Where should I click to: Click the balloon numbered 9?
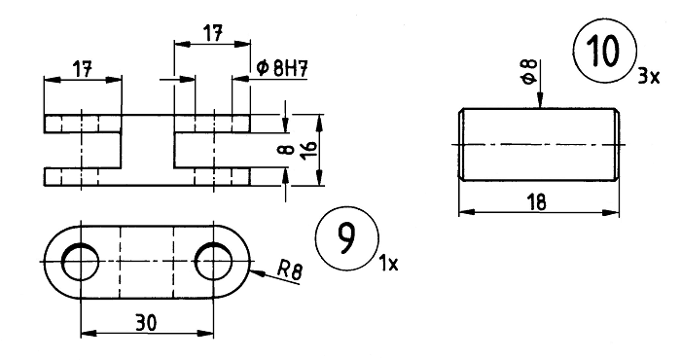point(347,238)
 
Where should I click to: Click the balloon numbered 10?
point(605,51)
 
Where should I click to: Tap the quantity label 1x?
point(389,264)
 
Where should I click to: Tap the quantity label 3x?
point(648,77)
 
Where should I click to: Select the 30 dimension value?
point(146,323)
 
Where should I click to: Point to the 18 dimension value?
point(537,202)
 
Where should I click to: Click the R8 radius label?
point(290,271)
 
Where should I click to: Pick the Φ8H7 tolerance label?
point(282,69)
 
